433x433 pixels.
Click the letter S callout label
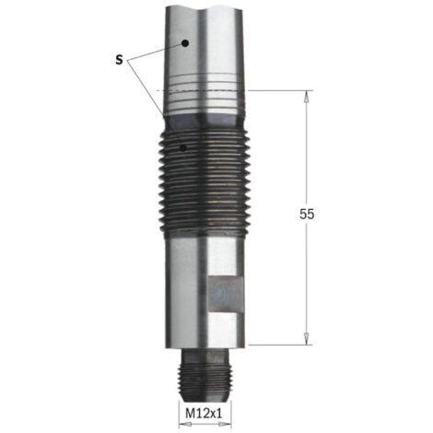tap(119, 60)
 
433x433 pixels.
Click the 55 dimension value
tap(307, 214)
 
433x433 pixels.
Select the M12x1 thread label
tap(204, 414)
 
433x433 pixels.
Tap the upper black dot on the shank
tap(185, 43)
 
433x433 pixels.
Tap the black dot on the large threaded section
tap(183, 148)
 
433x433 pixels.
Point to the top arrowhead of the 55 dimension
tap(306, 98)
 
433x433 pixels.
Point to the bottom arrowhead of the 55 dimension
tap(306, 338)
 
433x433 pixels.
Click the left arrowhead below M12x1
tap(185, 425)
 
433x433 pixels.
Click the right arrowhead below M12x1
tap(225, 425)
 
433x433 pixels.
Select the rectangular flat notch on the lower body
tap(226, 295)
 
